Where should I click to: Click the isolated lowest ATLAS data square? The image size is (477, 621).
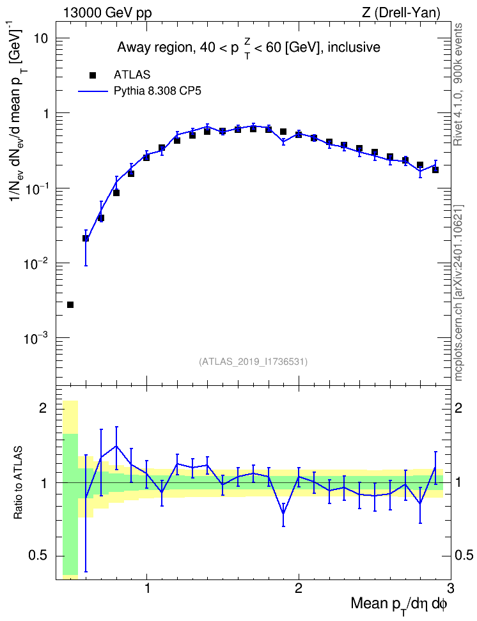click(70, 305)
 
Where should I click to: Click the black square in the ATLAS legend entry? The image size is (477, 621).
click(93, 75)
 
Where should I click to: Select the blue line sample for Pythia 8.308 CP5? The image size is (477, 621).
click(93, 91)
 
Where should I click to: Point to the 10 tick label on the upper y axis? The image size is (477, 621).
click(40, 38)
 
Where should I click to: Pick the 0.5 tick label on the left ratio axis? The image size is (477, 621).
click(38, 556)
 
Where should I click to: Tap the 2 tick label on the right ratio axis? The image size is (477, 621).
click(458, 408)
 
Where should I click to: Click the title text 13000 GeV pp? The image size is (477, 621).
click(107, 13)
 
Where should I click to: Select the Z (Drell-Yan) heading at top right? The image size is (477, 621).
click(401, 13)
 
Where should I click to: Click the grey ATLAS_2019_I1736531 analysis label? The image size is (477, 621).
click(253, 362)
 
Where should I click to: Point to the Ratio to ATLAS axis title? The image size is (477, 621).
click(18, 483)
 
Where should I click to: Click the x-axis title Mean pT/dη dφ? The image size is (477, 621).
click(399, 604)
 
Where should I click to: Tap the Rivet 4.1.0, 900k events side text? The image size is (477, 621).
click(458, 84)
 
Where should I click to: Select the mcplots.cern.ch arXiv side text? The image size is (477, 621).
click(458, 293)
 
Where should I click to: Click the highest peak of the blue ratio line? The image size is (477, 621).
click(116, 446)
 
